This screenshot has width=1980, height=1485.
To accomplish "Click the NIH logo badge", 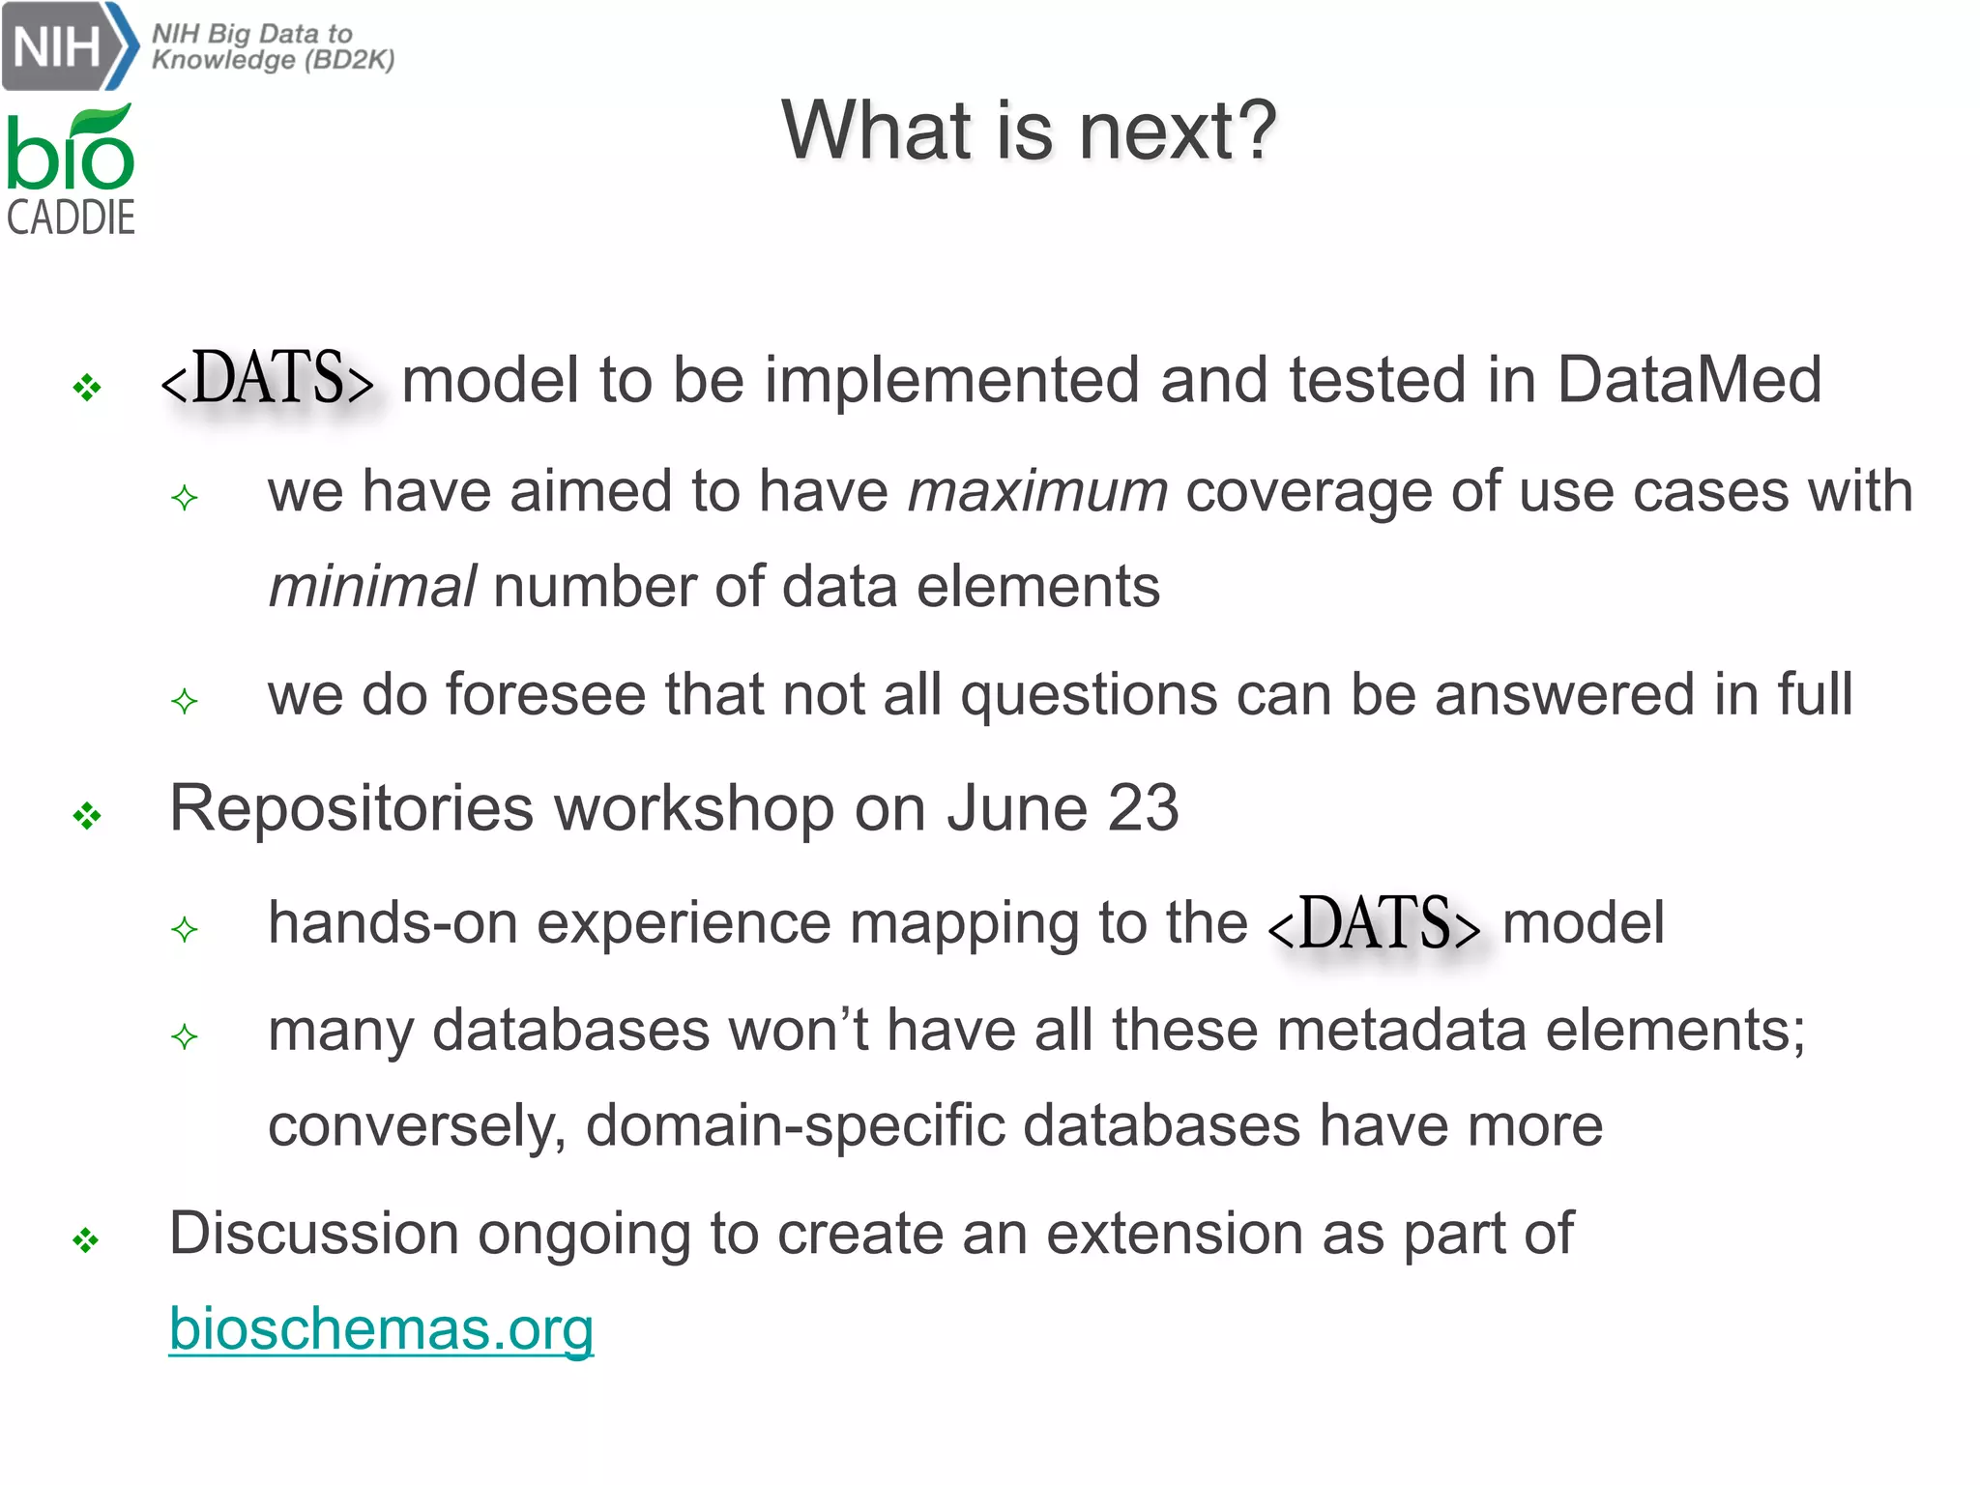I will (68, 45).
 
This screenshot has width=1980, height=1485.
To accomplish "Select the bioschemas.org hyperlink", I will (381, 1329).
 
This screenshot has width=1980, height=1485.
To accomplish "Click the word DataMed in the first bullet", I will (1688, 379).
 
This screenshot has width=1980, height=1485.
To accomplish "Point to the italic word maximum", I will (1037, 491).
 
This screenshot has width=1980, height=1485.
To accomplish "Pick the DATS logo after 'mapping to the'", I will (1374, 923).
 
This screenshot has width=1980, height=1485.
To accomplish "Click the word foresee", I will (546, 695).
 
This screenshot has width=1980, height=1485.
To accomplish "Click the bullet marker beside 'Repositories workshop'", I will (87, 817).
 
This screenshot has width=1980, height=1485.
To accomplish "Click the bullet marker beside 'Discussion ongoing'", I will (87, 1240).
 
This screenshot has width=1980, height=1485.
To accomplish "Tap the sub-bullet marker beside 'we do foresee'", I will (184, 701).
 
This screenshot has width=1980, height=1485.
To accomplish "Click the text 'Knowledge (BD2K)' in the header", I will (274, 60).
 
